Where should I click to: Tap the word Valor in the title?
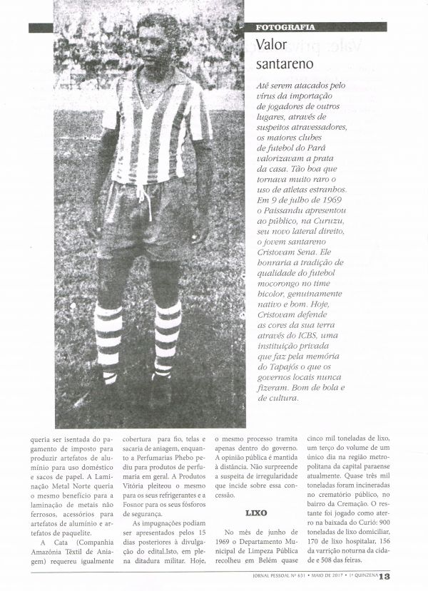click(271, 44)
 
